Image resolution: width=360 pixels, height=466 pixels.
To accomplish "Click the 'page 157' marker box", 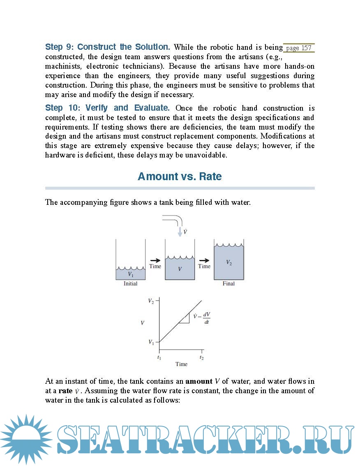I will pyautogui.click(x=299, y=48).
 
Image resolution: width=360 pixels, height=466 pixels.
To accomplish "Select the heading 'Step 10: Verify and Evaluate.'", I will pyautogui.click(x=107, y=108).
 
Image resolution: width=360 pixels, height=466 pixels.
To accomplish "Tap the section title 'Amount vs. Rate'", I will pyautogui.click(x=180, y=176).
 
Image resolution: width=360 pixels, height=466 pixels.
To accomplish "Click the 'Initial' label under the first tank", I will pyautogui.click(x=130, y=284).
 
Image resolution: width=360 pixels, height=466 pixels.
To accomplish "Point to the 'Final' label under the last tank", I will pyautogui.click(x=228, y=284).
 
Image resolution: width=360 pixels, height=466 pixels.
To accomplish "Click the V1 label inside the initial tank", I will pyautogui.click(x=130, y=274).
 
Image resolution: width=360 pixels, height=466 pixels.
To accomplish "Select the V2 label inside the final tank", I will pyautogui.click(x=229, y=262).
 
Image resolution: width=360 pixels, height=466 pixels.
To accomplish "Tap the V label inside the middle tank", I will pyautogui.click(x=180, y=269).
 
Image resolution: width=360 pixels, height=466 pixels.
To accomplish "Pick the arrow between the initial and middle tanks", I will pyautogui.click(x=155, y=260).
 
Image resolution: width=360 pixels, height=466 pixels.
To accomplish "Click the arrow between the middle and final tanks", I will pyautogui.click(x=204, y=260).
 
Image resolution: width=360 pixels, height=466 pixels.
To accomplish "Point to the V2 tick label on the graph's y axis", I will pyautogui.click(x=151, y=301).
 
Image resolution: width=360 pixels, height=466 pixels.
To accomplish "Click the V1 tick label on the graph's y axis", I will pyautogui.click(x=151, y=342).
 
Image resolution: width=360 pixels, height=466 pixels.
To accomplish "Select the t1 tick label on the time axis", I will pyautogui.click(x=159, y=358).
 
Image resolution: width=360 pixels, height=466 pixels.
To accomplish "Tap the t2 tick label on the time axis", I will pyautogui.click(x=201, y=358).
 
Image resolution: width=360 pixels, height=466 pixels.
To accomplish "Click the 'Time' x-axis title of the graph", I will pyautogui.click(x=181, y=364).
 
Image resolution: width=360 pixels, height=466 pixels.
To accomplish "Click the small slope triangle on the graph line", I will pyautogui.click(x=185, y=319).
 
